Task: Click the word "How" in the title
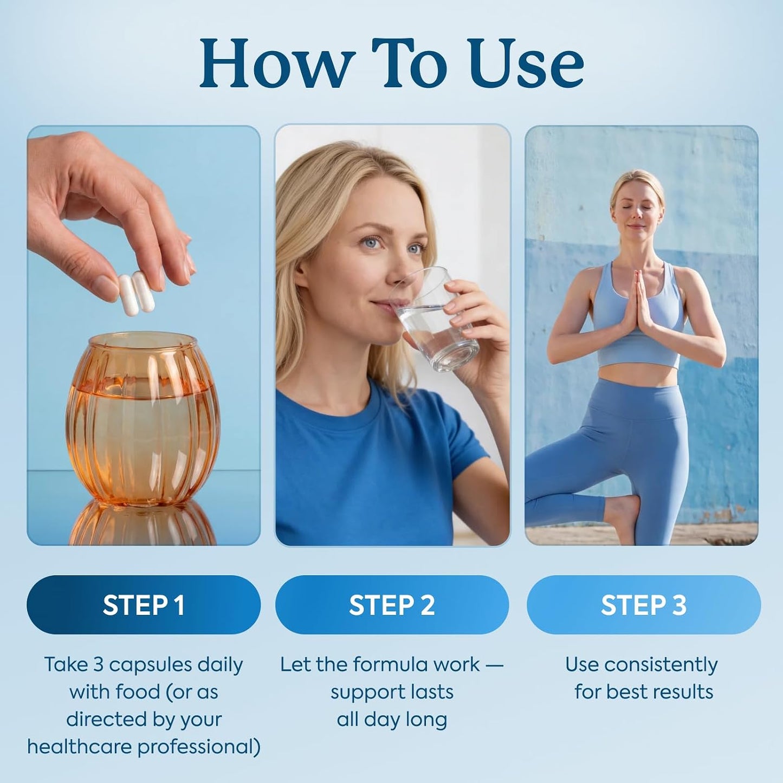point(275,64)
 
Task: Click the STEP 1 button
point(144,605)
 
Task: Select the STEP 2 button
point(392,605)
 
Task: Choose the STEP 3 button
point(643,605)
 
